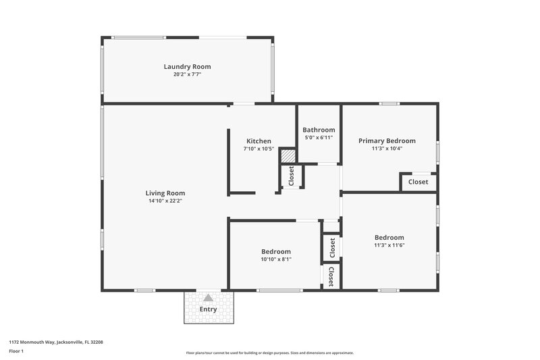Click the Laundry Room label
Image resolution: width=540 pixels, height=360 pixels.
point(187,66)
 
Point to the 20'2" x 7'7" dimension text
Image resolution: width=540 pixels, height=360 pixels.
point(187,74)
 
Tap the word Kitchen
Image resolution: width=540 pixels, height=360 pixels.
point(259,141)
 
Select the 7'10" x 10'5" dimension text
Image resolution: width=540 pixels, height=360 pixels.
point(259,149)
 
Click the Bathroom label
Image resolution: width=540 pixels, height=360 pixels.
point(319,130)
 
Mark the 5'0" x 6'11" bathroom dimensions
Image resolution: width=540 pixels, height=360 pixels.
point(319,137)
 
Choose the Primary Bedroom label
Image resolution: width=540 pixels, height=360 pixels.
point(387,140)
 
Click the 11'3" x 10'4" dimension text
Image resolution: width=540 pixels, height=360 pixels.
point(387,149)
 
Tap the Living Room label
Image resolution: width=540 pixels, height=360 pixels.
point(166,192)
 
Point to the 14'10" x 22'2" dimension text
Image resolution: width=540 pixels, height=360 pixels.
point(166,201)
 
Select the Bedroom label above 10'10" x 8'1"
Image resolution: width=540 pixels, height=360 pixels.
point(276,251)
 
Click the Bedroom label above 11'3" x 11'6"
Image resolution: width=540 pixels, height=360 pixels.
point(389,237)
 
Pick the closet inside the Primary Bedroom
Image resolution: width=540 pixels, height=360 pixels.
point(418,182)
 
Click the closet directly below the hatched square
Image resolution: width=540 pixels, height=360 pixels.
point(292,176)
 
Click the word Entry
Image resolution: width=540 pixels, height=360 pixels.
point(209,309)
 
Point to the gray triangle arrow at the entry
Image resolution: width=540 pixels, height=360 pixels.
point(209,297)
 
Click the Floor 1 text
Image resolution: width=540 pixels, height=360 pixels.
point(16,352)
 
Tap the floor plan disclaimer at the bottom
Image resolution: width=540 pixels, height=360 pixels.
point(270,353)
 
